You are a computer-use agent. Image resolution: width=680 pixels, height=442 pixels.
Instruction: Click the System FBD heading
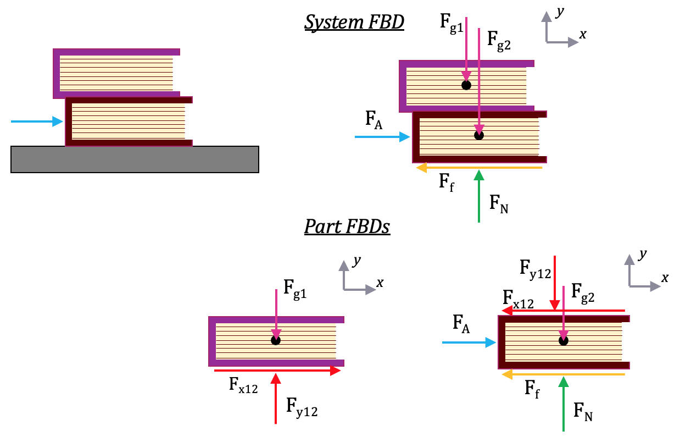354,23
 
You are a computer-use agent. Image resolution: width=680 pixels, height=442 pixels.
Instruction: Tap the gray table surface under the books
135,159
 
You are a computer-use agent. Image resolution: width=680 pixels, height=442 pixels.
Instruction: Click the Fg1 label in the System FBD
451,24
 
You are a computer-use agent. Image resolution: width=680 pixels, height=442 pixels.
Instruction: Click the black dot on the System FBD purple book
466,85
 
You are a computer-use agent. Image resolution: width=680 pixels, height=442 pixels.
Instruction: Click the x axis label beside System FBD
583,35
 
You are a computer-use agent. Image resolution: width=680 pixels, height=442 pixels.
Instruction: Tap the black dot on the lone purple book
276,340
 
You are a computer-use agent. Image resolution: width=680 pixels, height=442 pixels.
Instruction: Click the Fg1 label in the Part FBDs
294,288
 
